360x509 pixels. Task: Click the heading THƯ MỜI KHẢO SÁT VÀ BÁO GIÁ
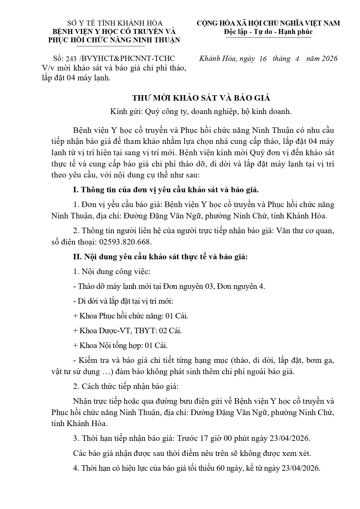201,98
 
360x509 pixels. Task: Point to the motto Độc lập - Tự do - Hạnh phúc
268,32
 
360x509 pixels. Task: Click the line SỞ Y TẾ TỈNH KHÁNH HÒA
115,23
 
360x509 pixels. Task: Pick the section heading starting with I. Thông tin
166,190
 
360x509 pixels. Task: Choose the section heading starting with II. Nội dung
160,257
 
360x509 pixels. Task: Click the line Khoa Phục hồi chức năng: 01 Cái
131,316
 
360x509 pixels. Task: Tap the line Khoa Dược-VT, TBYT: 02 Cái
128,331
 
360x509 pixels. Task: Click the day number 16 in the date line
263,59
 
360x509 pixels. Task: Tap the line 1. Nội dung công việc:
112,272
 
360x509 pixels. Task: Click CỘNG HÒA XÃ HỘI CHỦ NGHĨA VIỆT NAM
268,23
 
